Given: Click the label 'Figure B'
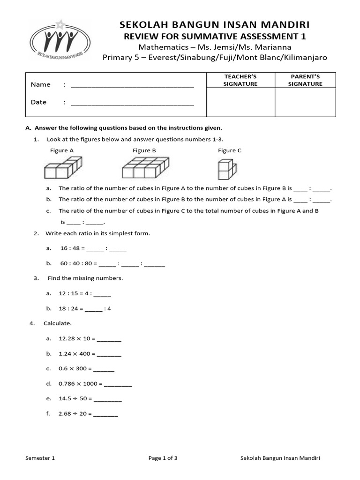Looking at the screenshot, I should [x=144, y=150].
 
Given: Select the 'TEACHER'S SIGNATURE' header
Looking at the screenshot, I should [x=240, y=80].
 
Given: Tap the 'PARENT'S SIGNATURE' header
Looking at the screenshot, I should [x=305, y=80].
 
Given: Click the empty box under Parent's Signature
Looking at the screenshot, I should [x=305, y=102].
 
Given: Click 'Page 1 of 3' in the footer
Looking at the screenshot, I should [x=163, y=458].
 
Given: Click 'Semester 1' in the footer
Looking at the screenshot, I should [x=40, y=458].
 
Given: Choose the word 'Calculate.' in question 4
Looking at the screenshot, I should [x=58, y=323].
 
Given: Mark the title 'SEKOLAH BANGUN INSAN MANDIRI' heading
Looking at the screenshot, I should [x=215, y=25].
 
